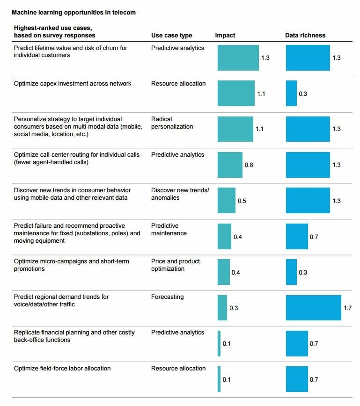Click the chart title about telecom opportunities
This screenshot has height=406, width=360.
point(73,13)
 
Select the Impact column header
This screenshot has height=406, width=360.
point(225,36)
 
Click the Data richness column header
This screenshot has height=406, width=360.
point(305,36)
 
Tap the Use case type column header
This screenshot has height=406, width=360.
point(171,36)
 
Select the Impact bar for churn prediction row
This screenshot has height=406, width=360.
point(238,58)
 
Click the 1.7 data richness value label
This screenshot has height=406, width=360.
point(347,308)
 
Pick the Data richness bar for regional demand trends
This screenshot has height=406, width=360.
point(313,308)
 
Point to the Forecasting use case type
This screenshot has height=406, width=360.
point(167,297)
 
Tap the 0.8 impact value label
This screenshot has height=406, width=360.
point(249,165)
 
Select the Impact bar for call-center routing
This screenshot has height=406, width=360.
point(230,165)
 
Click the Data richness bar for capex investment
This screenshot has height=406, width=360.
point(291,94)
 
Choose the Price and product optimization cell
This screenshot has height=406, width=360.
point(175,265)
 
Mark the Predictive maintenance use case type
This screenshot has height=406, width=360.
point(169,230)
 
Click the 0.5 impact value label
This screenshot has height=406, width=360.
point(242,201)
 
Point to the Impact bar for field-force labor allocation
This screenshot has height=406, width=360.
point(219,379)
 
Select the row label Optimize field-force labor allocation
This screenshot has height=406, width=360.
point(62,369)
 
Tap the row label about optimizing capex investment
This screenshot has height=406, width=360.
point(73,84)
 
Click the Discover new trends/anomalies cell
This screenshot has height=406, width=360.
point(180,194)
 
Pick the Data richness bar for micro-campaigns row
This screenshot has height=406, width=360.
point(291,272)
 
